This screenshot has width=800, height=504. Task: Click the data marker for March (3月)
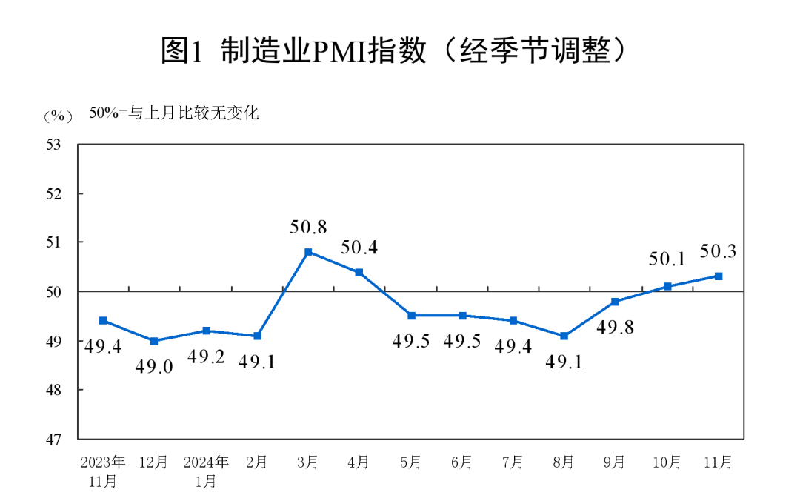[x=308, y=252]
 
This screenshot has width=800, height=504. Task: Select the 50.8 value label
[x=308, y=227]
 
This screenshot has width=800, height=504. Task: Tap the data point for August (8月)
[x=564, y=336]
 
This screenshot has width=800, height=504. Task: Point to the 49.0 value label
[x=154, y=366]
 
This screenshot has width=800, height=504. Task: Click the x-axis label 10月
[x=667, y=462]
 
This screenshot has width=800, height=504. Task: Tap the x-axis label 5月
[x=410, y=462]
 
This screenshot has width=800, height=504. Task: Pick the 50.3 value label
[x=718, y=252]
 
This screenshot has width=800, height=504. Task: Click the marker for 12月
[x=154, y=341]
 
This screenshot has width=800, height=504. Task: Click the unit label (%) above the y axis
[x=59, y=116]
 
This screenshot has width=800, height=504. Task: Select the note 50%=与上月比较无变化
[x=174, y=113]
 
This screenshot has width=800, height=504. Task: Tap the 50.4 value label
[x=359, y=248]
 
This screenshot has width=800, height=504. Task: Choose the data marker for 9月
[x=615, y=302]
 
